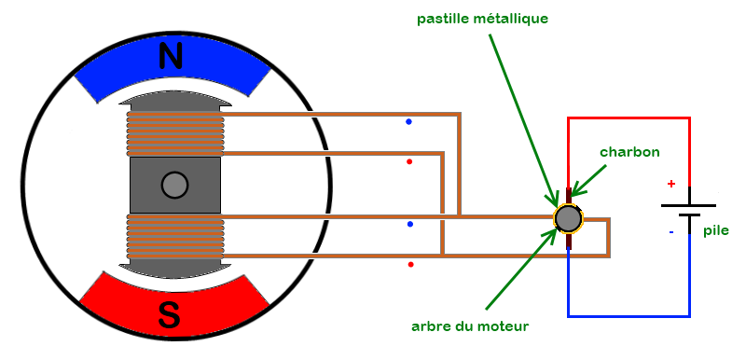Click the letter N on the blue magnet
pyautogui.click(x=171, y=57)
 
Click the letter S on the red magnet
pyautogui.click(x=169, y=315)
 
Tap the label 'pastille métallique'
pyautogui.click(x=495, y=18)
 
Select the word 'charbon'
pyautogui.click(x=629, y=151)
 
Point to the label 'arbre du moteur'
pyautogui.click(x=470, y=326)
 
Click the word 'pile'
pyautogui.click(x=716, y=230)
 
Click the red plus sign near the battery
pyautogui.click(x=670, y=184)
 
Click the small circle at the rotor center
pyautogui.click(x=174, y=186)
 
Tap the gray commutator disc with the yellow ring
pyautogui.click(x=567, y=218)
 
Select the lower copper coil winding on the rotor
pyautogui.click(x=175, y=238)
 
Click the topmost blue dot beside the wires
pyautogui.click(x=408, y=121)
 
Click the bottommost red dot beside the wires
pyautogui.click(x=410, y=265)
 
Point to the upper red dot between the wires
pyautogui.click(x=409, y=161)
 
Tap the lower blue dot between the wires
pyautogui.click(x=409, y=225)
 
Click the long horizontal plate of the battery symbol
pyautogui.click(x=688, y=205)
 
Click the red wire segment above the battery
pyautogui.click(x=629, y=118)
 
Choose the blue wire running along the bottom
pyautogui.click(x=629, y=316)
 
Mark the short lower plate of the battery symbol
pyautogui.click(x=688, y=216)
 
